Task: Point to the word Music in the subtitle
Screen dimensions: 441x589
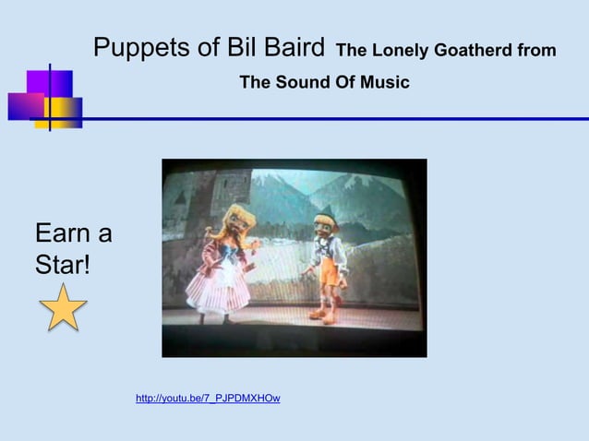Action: [x=385, y=83]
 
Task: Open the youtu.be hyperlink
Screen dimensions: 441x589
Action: [x=208, y=399]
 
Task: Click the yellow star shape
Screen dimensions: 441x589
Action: [x=63, y=309]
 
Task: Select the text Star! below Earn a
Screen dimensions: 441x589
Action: [x=63, y=266]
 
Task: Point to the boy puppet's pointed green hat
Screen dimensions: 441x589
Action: [x=322, y=208]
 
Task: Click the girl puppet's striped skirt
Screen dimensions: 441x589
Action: [x=220, y=286]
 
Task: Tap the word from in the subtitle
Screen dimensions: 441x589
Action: [x=536, y=51]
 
